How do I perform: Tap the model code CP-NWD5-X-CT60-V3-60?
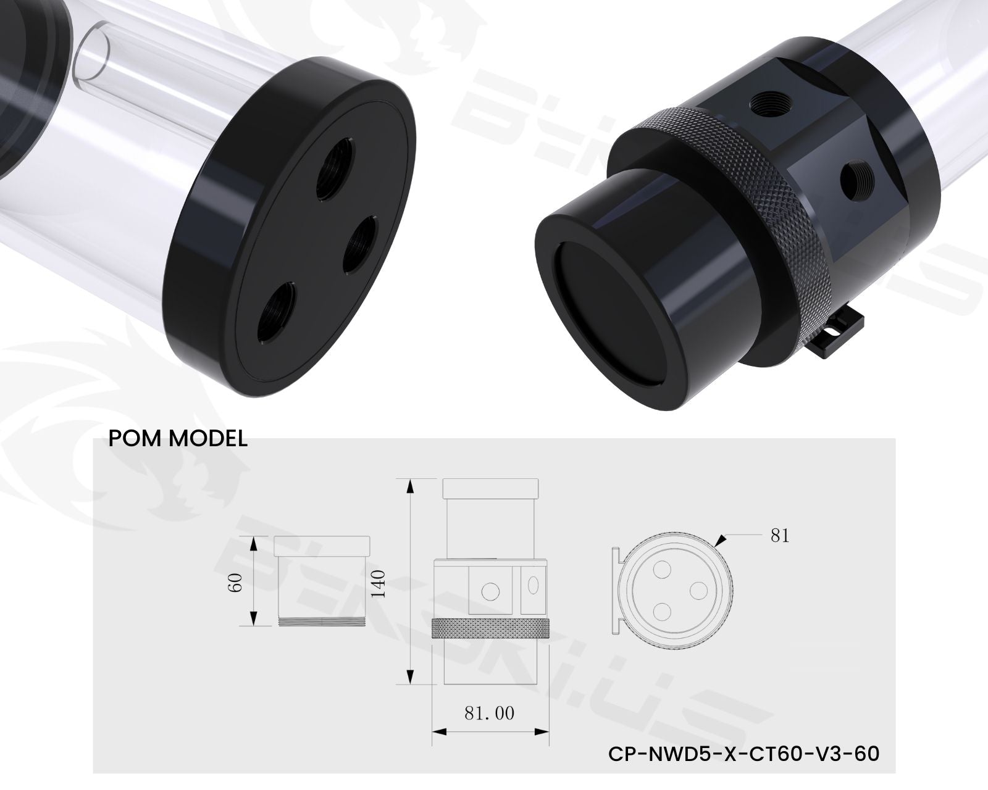coord(743,754)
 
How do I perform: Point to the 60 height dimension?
coord(236,581)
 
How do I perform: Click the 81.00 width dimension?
coord(489,714)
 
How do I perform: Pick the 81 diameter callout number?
coord(780,536)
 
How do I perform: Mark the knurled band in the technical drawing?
coord(490,628)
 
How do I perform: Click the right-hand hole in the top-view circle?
coord(698,589)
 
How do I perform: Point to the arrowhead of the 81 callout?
coord(720,541)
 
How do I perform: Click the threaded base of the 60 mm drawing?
coord(321,622)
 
